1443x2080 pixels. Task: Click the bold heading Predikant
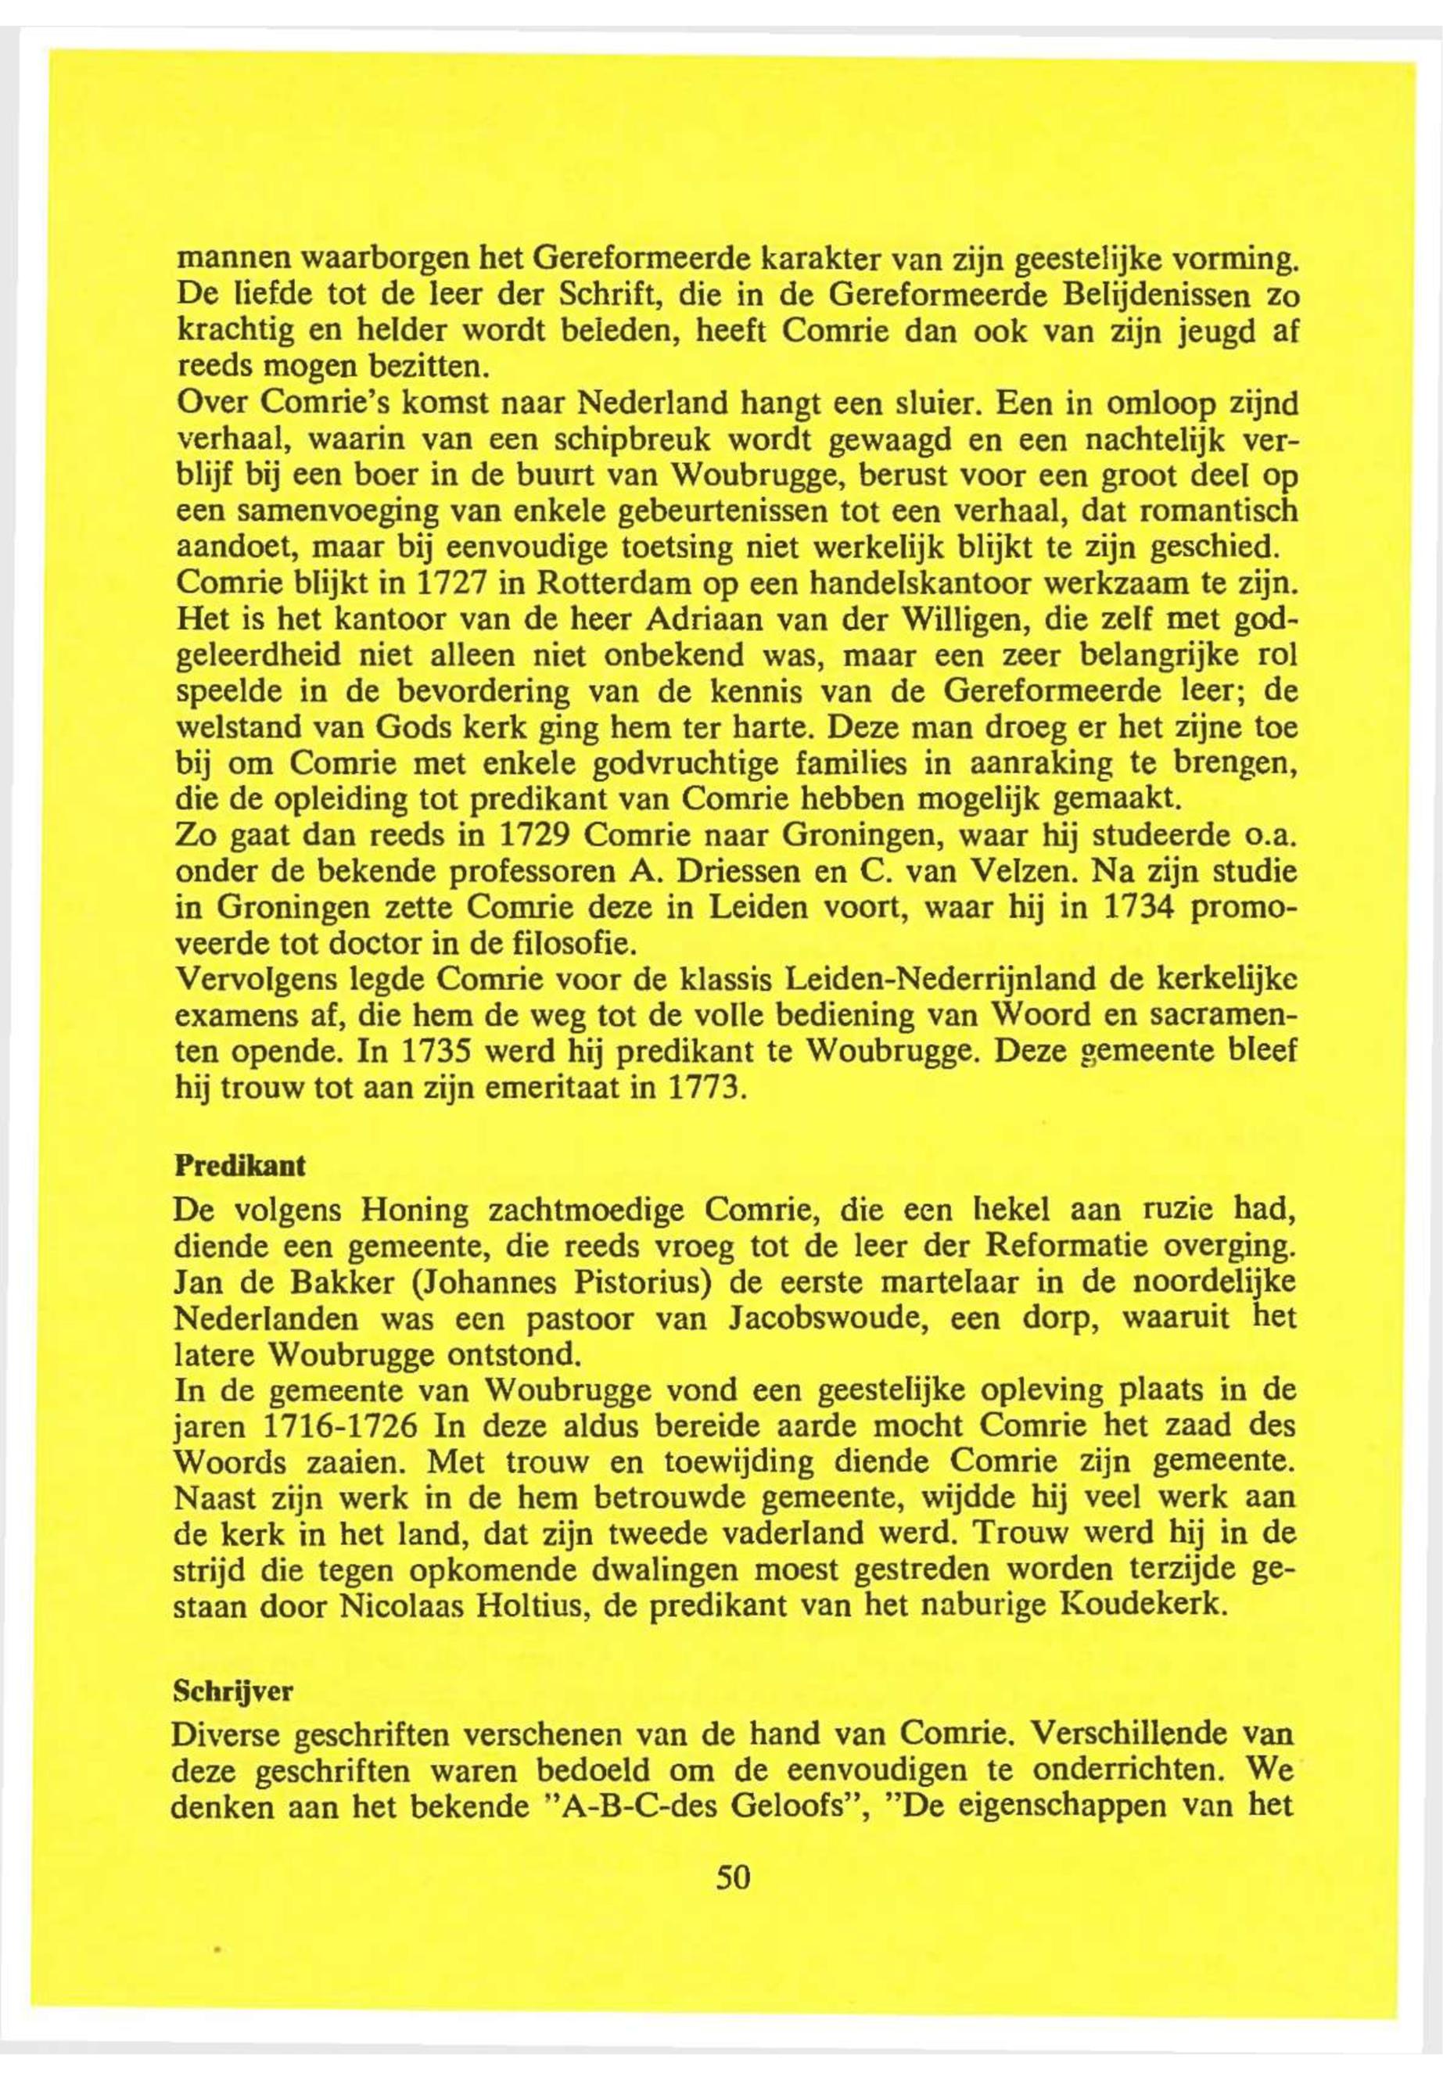[239, 1166]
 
